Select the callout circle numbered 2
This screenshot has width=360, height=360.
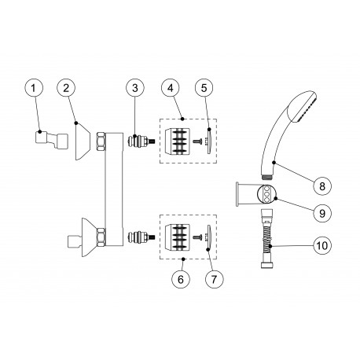(68, 90)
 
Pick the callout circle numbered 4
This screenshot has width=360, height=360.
(171, 90)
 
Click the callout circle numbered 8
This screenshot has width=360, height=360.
(321, 186)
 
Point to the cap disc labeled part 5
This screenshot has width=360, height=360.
(208, 142)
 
